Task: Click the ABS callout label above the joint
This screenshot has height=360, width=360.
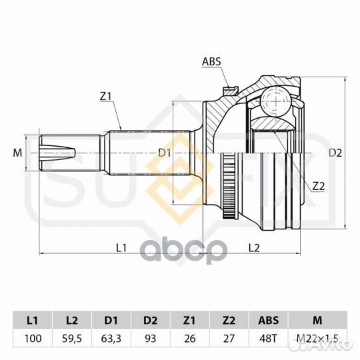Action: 211,61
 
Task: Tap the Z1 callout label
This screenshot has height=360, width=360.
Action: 105,97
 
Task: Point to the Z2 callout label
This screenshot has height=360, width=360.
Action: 319,187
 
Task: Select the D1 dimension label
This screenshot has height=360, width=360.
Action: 165,153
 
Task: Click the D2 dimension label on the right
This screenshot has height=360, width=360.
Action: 335,153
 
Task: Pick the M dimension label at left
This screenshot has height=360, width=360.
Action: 17,153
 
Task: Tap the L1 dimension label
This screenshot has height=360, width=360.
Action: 121,248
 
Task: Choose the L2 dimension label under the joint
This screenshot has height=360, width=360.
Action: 254,248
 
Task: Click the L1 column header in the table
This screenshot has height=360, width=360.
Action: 33,320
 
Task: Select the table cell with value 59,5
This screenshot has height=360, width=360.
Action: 72,339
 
